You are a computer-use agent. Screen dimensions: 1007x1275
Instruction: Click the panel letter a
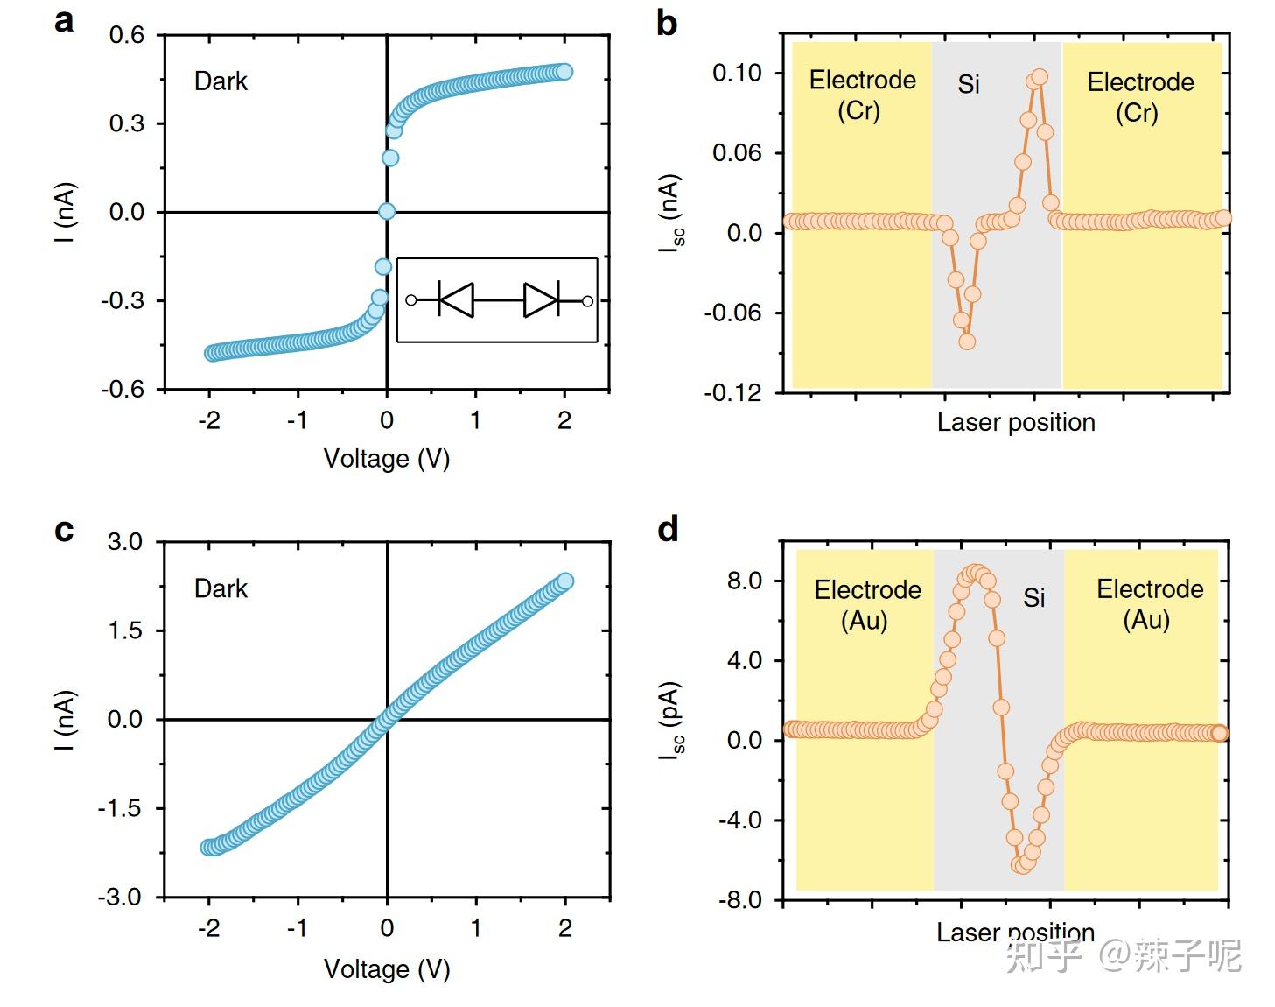(x=64, y=21)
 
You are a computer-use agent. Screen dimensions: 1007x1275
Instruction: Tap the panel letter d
(x=668, y=529)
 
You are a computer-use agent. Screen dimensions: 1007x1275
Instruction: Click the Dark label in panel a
(x=221, y=81)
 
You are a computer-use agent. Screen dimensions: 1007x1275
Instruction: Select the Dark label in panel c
(x=221, y=588)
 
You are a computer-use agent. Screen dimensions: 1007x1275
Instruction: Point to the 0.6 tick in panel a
(x=126, y=36)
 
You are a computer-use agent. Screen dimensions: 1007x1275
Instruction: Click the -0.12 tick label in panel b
(x=732, y=392)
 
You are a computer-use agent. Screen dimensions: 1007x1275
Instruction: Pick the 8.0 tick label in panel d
(x=744, y=581)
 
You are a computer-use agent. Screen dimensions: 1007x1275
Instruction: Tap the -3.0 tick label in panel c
(x=123, y=898)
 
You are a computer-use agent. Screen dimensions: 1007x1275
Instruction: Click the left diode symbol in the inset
(x=455, y=300)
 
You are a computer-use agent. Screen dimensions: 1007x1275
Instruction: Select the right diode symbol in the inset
(x=542, y=300)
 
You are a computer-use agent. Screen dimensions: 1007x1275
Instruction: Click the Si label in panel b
(x=969, y=85)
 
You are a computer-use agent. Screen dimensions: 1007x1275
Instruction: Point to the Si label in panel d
(x=1033, y=598)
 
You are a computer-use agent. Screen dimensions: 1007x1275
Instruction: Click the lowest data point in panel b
(x=967, y=342)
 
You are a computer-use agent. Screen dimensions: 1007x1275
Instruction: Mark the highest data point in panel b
(x=1040, y=77)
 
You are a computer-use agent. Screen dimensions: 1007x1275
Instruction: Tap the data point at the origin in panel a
(x=387, y=211)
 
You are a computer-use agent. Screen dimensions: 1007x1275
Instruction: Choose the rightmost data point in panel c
(x=565, y=581)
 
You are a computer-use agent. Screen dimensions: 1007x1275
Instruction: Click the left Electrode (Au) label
(x=867, y=605)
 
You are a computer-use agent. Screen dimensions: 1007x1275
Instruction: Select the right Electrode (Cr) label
(x=1139, y=97)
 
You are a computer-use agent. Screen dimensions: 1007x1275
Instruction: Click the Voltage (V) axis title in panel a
(x=386, y=459)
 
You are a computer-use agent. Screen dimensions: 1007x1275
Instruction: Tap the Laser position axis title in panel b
(x=1015, y=422)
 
